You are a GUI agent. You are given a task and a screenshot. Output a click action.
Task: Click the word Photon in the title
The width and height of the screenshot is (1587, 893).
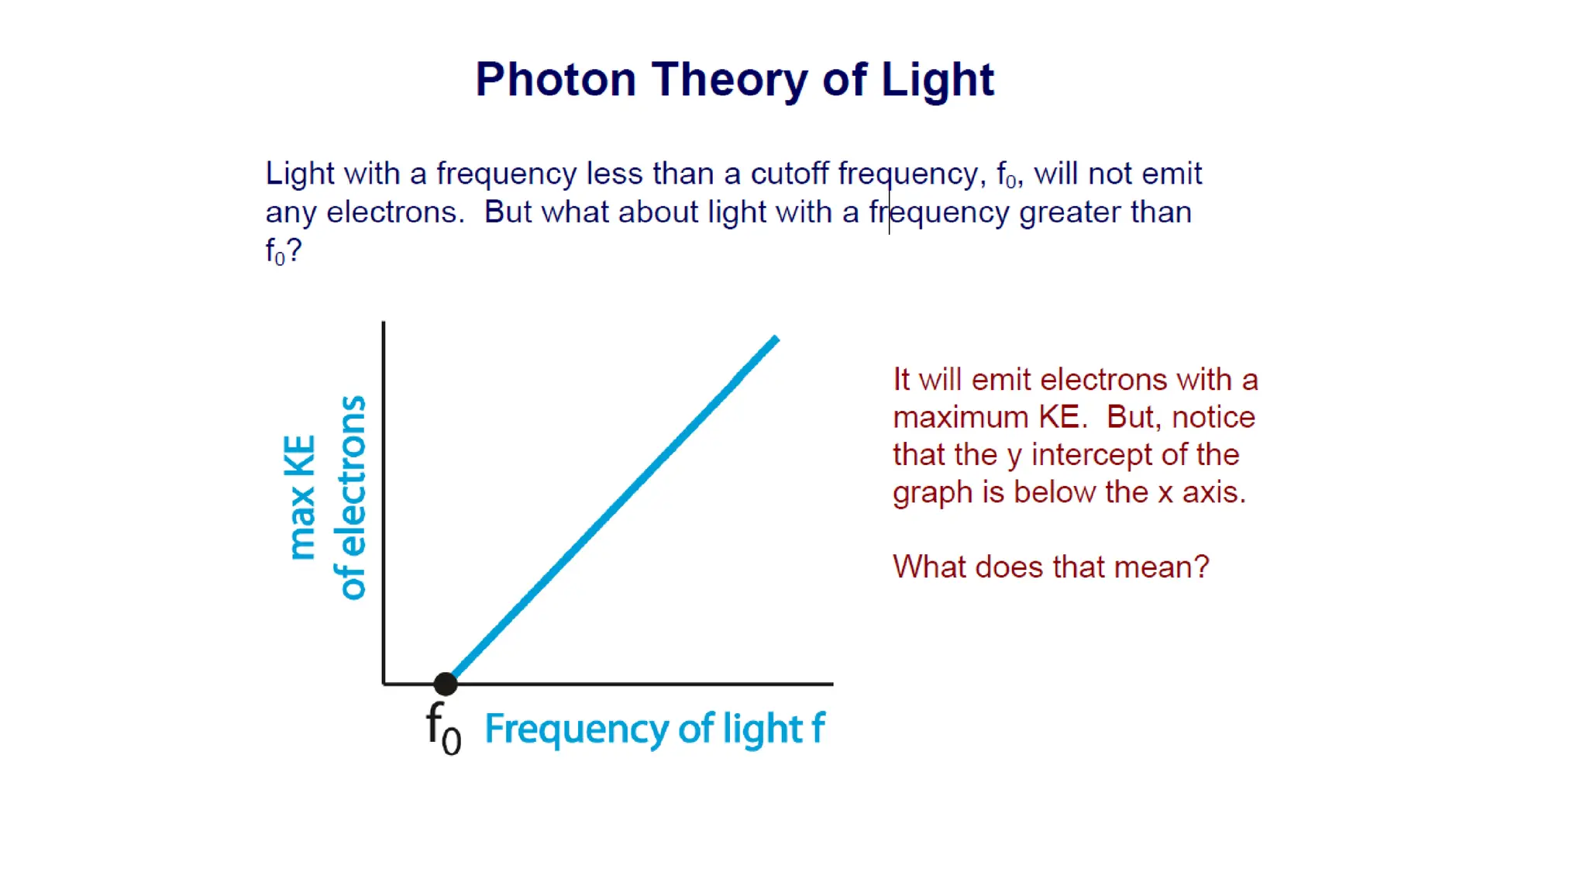[x=555, y=80]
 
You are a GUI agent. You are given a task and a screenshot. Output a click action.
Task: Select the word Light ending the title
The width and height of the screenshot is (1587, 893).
[x=937, y=80]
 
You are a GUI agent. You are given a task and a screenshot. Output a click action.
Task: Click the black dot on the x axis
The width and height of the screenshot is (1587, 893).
[x=446, y=684]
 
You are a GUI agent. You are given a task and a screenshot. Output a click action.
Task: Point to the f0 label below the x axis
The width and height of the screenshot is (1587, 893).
[x=443, y=729]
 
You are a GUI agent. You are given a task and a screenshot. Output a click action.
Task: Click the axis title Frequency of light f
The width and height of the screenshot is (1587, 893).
[x=655, y=729]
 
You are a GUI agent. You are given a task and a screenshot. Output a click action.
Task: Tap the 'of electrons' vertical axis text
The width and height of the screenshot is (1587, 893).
[x=350, y=498]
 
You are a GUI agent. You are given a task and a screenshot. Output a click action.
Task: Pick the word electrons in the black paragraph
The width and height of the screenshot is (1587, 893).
[x=392, y=212]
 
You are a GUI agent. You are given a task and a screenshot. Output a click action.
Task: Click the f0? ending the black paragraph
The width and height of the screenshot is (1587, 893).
[x=283, y=251]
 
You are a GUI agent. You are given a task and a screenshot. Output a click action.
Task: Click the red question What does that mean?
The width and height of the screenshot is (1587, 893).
[x=1050, y=567]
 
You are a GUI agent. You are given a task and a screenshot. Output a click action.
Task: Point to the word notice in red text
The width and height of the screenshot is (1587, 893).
[x=1213, y=418]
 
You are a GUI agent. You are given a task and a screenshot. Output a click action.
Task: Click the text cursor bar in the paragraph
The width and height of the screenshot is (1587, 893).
[x=889, y=203]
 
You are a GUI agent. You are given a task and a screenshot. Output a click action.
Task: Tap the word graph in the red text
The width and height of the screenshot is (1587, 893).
[x=932, y=493]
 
